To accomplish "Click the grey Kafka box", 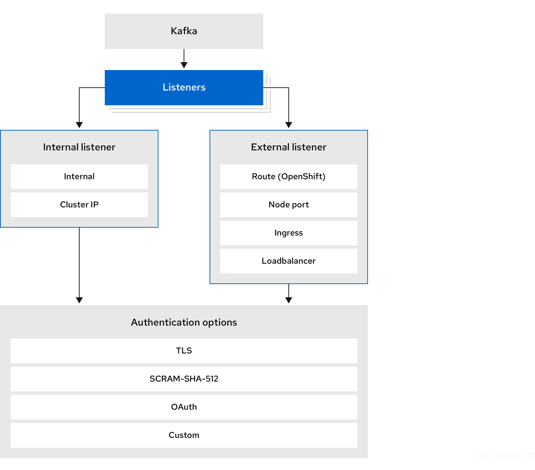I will pos(184,31).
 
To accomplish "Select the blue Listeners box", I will pos(184,87).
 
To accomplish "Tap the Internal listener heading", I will pos(79,147).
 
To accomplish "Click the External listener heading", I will pos(289,147).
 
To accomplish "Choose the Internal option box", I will pos(79,177).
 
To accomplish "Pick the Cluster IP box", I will pos(79,205).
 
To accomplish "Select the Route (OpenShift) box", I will pos(289,177).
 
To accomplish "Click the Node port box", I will pos(289,205).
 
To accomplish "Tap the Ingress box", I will pos(289,233).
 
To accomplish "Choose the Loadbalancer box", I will pos(289,261).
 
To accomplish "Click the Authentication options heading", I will pos(184,322).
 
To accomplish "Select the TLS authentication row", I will pos(184,351).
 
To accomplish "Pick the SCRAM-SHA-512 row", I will pos(184,379).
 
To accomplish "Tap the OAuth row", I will pos(184,407).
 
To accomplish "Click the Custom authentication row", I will pos(184,435).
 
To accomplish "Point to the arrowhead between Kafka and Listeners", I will pos(184,65).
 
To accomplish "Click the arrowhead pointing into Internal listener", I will pos(79,125).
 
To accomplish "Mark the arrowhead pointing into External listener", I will pos(289,125).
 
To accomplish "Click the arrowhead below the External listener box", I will pos(289,300).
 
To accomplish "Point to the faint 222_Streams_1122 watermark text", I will pos(505,456).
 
